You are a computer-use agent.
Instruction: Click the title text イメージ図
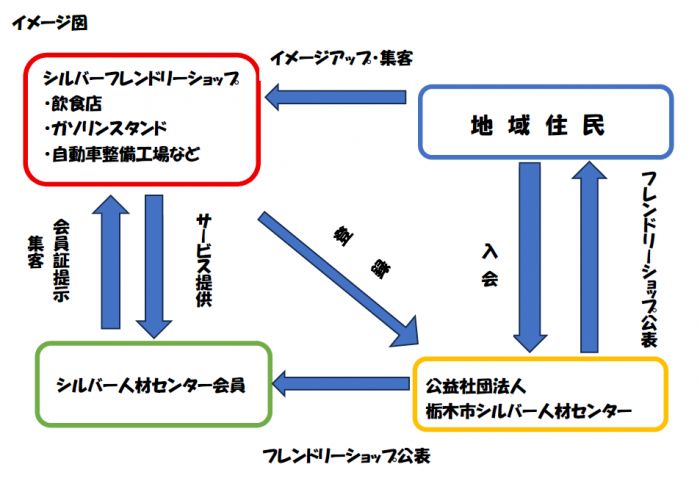click(x=49, y=23)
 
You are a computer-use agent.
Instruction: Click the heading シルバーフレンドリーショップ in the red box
click(x=141, y=78)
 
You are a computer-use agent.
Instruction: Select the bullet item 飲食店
click(x=76, y=104)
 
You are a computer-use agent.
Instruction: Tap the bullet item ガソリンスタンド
click(x=105, y=129)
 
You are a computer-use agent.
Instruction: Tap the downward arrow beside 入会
click(x=529, y=256)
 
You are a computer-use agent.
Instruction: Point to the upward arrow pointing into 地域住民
click(x=587, y=256)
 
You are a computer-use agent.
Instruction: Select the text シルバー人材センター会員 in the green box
click(x=150, y=384)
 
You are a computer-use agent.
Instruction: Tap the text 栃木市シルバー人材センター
click(x=528, y=411)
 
